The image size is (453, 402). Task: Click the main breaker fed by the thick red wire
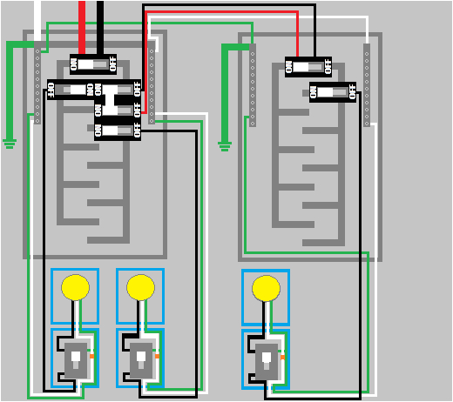coord(92,64)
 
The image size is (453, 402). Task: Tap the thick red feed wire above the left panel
coord(82,22)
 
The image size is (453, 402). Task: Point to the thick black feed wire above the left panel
coord(100,22)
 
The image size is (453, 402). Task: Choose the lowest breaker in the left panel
coord(117,131)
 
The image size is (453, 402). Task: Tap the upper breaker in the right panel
coord(308,66)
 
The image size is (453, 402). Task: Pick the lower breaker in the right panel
coord(333,91)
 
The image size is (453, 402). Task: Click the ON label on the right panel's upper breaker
coord(291,66)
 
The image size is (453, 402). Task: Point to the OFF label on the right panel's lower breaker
coord(351,91)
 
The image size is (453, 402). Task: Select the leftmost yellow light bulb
coord(76,286)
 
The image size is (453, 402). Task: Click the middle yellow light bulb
coord(140,286)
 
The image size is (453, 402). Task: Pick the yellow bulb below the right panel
coord(266,286)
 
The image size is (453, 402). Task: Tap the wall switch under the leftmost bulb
coord(76,358)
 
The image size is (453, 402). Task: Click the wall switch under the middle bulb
coord(140,358)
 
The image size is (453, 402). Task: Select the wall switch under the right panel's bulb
coord(267,358)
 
